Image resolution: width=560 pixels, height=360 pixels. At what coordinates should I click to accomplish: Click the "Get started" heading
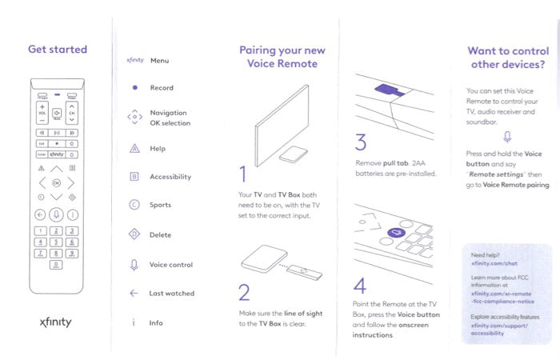click(x=58, y=49)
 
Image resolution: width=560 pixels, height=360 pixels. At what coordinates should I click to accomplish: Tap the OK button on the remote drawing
click(x=57, y=183)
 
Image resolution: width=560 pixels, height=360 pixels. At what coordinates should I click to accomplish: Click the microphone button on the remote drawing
click(x=56, y=214)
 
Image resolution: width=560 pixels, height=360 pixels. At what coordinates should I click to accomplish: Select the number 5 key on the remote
click(x=56, y=242)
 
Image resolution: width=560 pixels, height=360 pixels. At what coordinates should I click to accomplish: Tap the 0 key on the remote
click(x=56, y=265)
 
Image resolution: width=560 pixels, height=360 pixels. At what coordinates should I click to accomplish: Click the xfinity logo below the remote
click(x=56, y=322)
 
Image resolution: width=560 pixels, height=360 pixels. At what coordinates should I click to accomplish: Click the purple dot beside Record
click(x=135, y=87)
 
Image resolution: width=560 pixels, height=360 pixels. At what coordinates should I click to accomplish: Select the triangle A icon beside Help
click(x=134, y=148)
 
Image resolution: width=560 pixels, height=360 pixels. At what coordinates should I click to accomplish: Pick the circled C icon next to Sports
click(x=134, y=205)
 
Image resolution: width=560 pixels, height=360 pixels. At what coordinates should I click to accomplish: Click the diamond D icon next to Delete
click(x=134, y=234)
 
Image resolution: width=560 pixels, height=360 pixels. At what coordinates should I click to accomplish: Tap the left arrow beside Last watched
click(x=134, y=294)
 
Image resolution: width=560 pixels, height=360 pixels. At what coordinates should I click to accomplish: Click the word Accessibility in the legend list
click(x=170, y=177)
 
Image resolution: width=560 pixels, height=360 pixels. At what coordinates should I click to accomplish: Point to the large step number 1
click(x=243, y=174)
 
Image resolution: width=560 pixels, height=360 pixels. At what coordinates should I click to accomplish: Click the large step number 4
click(x=360, y=286)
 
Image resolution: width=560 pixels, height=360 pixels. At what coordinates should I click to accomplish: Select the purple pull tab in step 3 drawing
click(x=390, y=90)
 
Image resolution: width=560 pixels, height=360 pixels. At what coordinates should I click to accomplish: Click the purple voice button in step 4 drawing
click(x=397, y=233)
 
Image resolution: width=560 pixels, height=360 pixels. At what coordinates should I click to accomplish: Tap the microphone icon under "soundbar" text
click(x=507, y=137)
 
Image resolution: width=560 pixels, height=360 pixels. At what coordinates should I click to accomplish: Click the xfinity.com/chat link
click(x=494, y=263)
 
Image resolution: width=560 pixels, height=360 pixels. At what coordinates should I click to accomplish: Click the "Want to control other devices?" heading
click(x=508, y=58)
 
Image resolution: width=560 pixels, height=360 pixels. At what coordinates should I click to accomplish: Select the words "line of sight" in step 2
click(x=303, y=314)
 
